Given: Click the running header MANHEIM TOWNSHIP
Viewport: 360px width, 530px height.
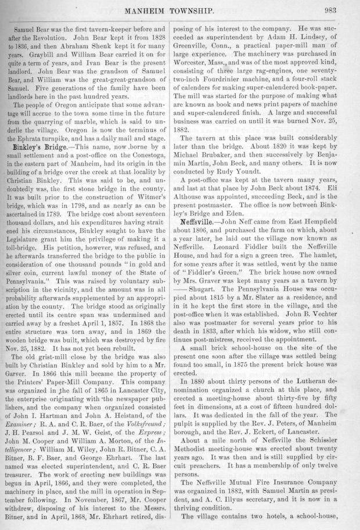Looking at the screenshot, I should coord(182,10).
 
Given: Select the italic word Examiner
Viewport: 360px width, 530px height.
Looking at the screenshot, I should coord(27,434).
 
